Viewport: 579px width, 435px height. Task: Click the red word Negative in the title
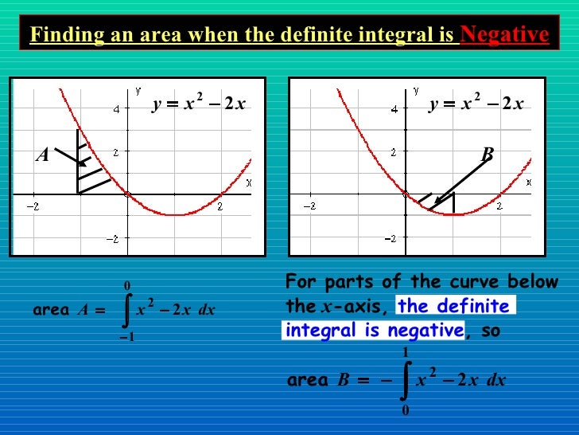pos(504,34)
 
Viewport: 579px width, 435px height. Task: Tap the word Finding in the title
pos(59,35)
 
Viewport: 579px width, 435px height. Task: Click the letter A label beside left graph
pos(42,156)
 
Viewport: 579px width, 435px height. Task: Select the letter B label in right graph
pos(487,153)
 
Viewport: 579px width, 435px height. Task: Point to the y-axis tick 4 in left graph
pos(116,109)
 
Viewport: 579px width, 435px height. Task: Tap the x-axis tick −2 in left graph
pos(33,206)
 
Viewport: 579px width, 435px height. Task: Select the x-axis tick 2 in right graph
pos(499,206)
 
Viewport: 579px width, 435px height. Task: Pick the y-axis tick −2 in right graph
pos(391,238)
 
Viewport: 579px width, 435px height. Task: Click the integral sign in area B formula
pos(406,380)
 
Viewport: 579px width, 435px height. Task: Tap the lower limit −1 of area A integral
pos(126,337)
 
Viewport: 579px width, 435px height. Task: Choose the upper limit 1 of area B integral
pos(406,351)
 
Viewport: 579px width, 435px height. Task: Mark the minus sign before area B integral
pos(386,381)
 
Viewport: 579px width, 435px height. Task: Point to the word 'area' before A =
pos(52,311)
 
